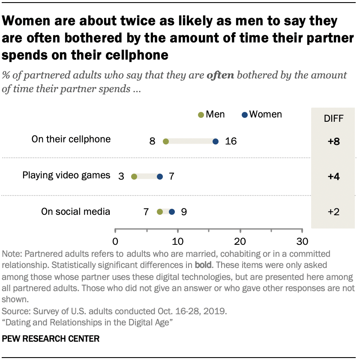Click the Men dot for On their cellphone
166,141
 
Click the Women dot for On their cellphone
215,141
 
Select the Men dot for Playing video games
134,176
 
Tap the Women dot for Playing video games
160,176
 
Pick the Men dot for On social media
160,211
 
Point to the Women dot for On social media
172,211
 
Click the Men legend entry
211,114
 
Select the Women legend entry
262,114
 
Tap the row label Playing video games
66,175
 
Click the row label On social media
76,211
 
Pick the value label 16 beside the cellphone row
231,141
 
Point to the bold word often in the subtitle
220,76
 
